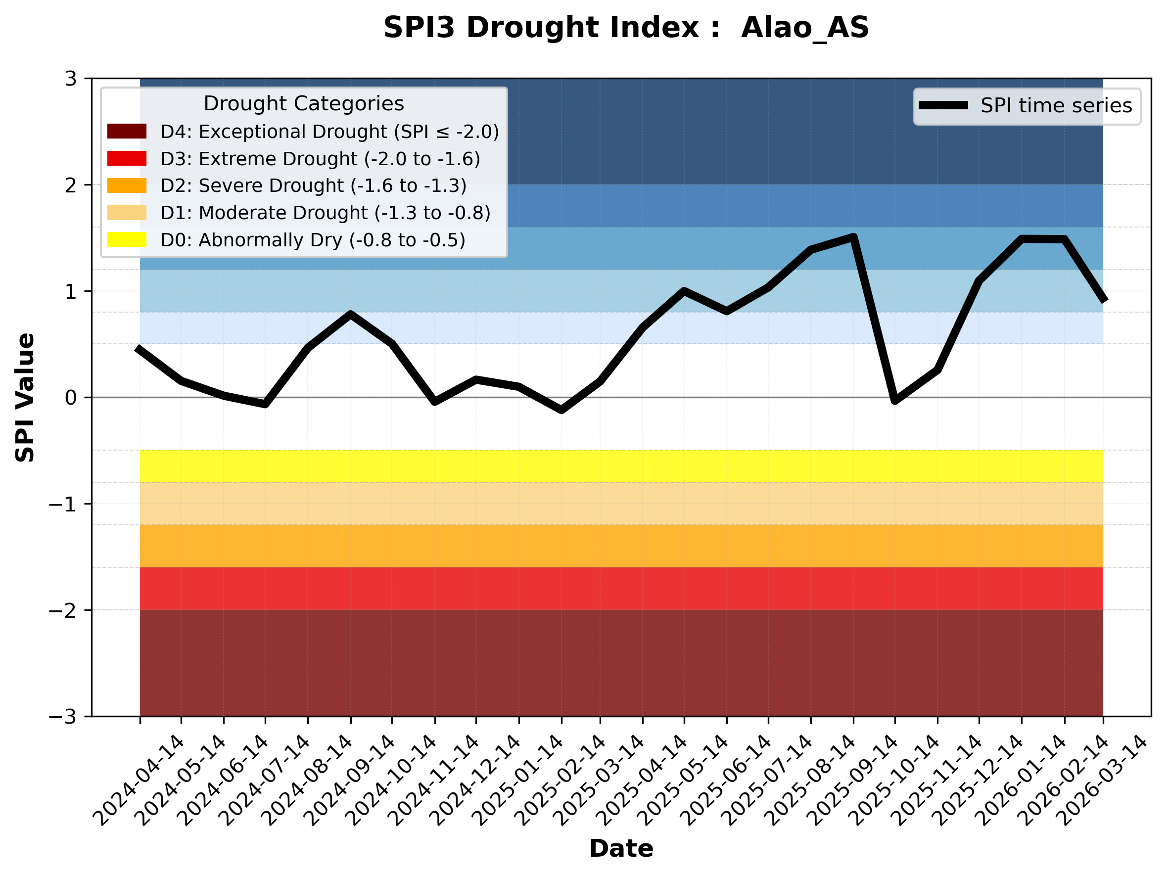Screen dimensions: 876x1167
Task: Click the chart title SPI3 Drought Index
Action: point(626,27)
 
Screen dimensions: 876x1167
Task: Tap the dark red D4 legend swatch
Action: point(127,131)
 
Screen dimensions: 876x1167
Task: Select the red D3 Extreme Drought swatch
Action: point(127,158)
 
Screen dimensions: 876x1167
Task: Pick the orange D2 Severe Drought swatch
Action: point(127,185)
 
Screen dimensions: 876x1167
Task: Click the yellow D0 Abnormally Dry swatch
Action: point(127,239)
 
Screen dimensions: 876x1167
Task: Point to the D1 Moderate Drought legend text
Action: point(325,213)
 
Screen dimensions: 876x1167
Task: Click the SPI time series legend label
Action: point(1056,105)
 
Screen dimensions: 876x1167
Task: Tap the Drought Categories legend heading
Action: point(303,103)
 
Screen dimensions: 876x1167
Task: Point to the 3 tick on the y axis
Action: point(71,79)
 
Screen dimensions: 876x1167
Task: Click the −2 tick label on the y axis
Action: point(63,610)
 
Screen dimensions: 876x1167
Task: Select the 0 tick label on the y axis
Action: point(71,398)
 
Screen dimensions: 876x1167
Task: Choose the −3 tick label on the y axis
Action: point(63,717)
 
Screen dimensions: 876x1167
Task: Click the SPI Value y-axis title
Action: point(25,398)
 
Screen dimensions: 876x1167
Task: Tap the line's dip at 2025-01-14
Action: point(561,410)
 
